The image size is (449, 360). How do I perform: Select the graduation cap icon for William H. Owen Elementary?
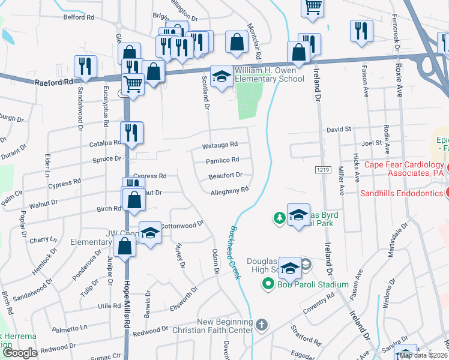pos(221,76)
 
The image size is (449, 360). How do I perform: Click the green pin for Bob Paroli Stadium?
pos(269,284)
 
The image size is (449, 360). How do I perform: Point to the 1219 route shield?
pos(322,170)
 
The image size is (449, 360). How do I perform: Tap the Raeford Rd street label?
pos(53,80)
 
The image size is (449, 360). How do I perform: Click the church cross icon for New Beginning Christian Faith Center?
pos(261,325)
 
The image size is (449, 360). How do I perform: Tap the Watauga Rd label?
pos(220,144)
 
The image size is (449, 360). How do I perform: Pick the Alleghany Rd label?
pos(229,191)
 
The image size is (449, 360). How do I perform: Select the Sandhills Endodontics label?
pos(401,193)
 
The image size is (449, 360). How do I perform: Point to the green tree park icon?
pos(279,217)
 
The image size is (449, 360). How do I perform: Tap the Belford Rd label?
pos(79,17)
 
